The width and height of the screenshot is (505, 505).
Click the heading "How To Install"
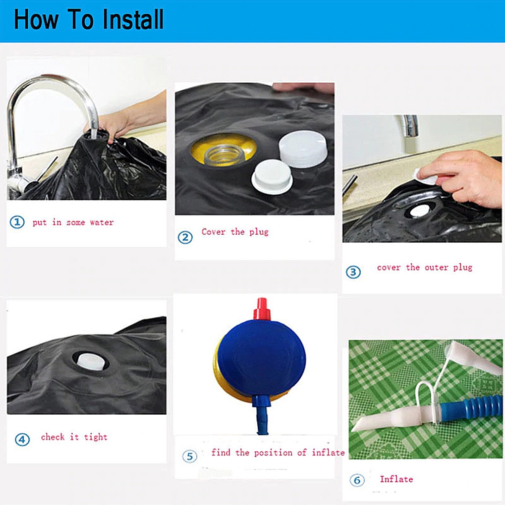tap(89, 20)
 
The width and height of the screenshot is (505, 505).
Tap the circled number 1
tap(17, 222)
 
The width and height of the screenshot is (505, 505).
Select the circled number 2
tap(185, 237)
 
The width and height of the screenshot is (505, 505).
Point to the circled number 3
tap(353, 272)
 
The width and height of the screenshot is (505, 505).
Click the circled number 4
tap(22, 439)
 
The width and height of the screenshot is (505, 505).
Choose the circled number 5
tap(190, 456)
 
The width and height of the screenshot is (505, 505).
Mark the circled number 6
tap(357, 480)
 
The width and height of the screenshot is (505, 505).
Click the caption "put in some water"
tap(73, 222)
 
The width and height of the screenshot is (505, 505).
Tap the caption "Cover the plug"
tap(235, 232)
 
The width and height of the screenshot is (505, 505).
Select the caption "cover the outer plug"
tap(424, 268)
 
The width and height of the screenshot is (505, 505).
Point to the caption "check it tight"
tap(74, 437)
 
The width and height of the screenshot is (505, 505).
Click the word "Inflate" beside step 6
tap(397, 479)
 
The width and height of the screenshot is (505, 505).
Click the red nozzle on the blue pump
tap(262, 309)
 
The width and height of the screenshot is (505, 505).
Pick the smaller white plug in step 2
tap(272, 177)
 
